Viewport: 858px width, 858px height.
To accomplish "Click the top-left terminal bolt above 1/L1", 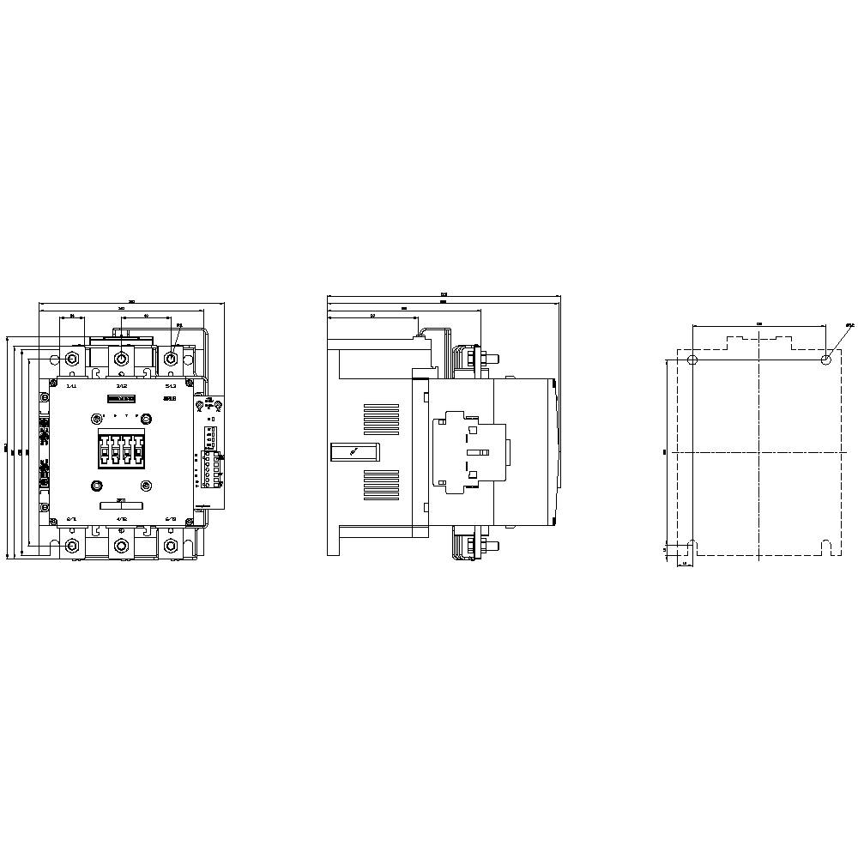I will click(71, 359).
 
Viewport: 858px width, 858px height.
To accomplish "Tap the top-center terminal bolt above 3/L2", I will click(121, 359).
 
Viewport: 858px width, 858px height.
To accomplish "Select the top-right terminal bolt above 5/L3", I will click(171, 359).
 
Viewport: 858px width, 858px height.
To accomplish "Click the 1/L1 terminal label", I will click(71, 386).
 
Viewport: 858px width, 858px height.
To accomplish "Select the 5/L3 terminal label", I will click(170, 386).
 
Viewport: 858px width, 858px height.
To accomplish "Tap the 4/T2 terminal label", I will click(121, 519).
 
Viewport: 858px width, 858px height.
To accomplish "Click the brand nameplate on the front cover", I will click(121, 399).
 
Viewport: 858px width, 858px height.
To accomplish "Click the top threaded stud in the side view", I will click(489, 358).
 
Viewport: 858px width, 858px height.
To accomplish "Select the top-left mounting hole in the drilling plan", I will click(692, 360).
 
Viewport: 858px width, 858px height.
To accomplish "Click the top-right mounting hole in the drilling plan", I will click(825, 360).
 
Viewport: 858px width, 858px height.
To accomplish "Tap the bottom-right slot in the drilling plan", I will click(825, 546).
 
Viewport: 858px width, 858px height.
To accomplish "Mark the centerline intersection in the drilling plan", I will click(759, 452).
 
